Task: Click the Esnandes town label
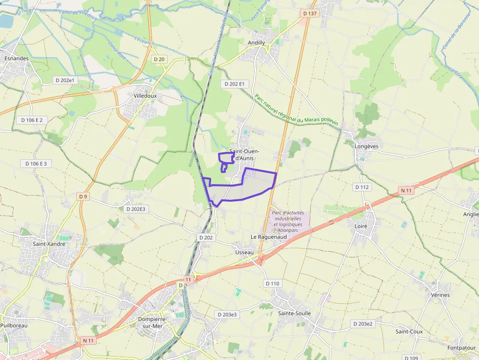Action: (16, 58)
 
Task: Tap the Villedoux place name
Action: (145, 96)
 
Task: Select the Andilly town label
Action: (257, 42)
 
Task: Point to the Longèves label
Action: (368, 146)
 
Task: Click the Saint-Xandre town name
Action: (49, 243)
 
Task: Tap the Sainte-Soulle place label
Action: (294, 313)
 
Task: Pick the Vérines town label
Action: (440, 295)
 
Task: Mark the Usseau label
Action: (244, 252)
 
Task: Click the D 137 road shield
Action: (309, 14)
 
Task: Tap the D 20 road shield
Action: (159, 59)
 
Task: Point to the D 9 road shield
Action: (83, 196)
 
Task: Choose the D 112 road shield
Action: (362, 187)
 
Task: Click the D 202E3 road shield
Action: (135, 209)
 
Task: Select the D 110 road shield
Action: (273, 283)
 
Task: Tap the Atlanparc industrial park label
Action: (288, 221)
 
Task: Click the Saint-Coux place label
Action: (409, 332)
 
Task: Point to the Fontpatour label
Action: (461, 348)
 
